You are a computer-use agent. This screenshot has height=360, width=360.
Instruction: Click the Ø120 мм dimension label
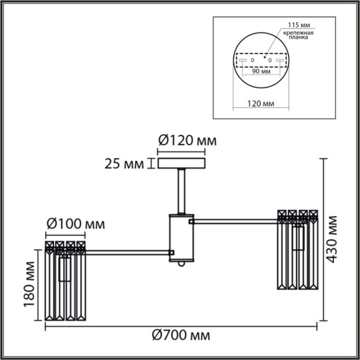pos(186,141)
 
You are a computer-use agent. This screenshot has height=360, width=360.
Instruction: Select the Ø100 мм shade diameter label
pos(75,223)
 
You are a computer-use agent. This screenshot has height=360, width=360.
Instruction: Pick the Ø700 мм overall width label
pos(181,336)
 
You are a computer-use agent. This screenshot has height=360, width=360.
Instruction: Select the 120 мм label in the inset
pos(261,106)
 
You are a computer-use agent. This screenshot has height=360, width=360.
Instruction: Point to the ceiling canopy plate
pos(182,163)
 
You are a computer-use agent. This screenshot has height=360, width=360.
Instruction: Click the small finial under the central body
pos(182,264)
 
